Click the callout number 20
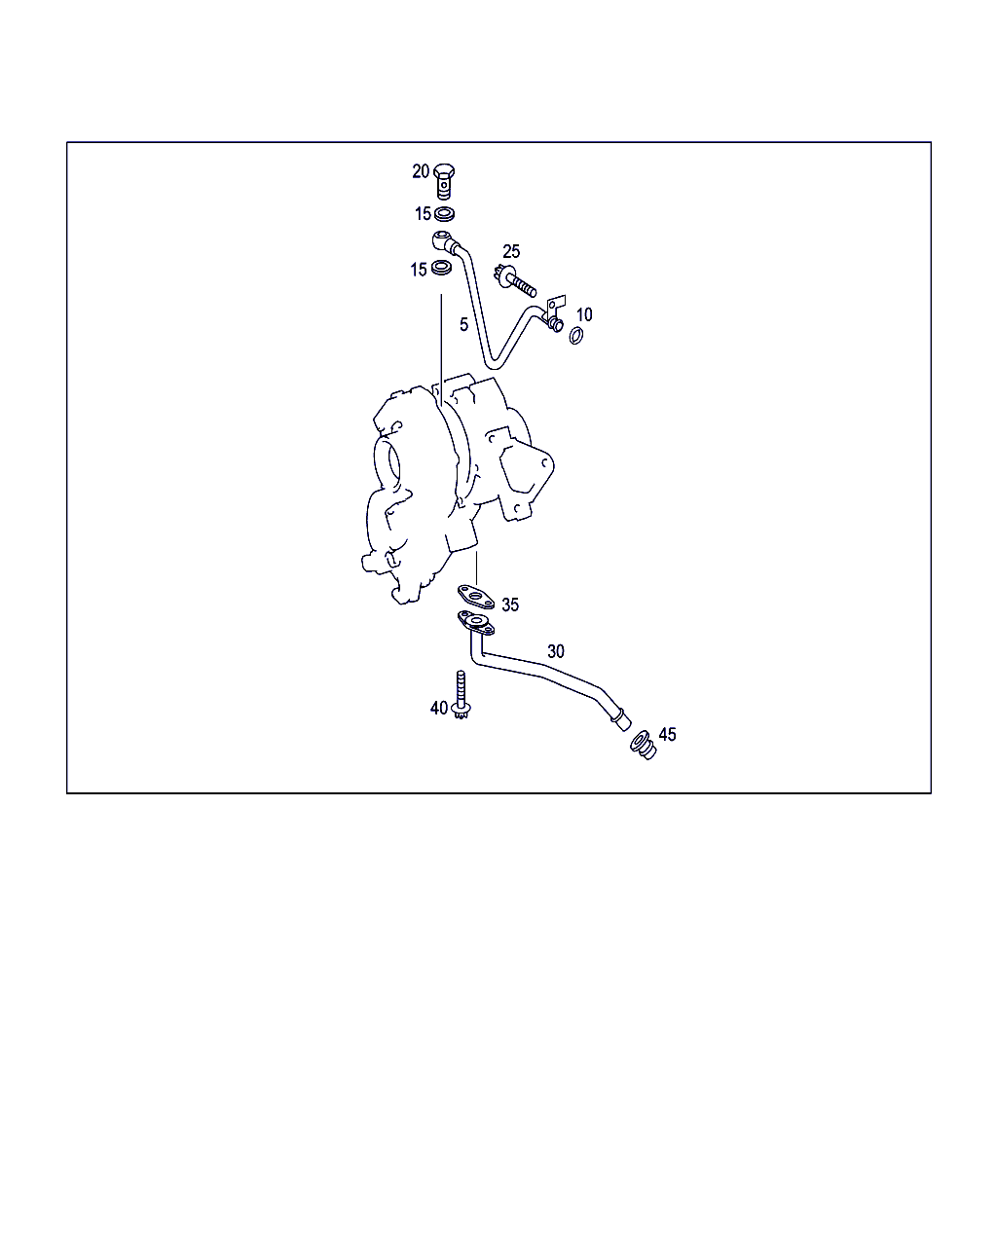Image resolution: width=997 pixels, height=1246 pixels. coord(421,171)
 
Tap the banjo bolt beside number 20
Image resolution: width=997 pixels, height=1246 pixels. coord(444,181)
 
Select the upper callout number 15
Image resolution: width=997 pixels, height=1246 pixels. coord(423,214)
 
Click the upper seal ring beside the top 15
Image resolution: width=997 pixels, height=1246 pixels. coord(444,214)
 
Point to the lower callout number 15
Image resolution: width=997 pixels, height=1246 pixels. coord(419,270)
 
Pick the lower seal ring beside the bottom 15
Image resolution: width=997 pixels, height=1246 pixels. coord(441,268)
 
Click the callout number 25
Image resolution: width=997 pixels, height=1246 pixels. coord(511,251)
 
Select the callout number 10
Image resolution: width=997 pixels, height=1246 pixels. coord(584,314)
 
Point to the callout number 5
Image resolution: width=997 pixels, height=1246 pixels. coord(463,325)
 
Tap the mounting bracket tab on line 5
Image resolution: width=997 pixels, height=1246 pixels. coord(556,305)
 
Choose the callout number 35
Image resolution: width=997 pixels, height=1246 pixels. coord(510,605)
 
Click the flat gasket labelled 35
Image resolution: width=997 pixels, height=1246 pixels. coord(475,597)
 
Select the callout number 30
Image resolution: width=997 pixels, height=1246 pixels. coord(556,651)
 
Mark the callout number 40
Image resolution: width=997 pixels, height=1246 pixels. coord(439,708)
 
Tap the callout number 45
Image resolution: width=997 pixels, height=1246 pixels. coord(667,735)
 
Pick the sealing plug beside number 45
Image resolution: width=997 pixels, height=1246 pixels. coord(643,746)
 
